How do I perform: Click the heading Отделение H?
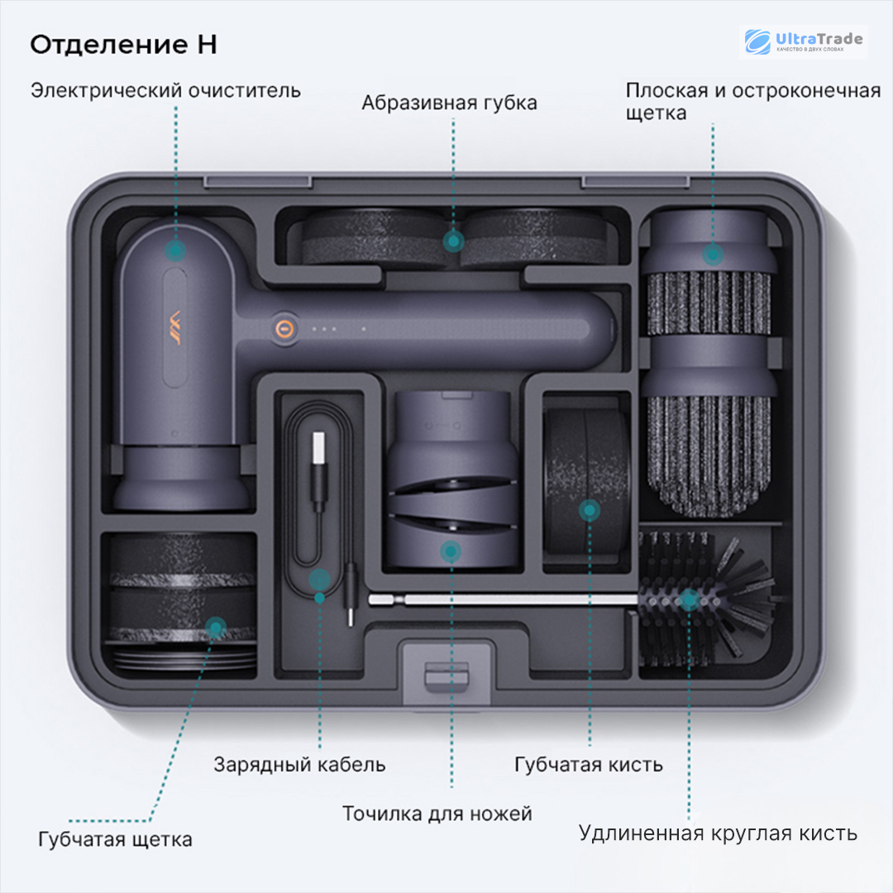123,44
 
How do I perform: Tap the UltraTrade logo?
803,41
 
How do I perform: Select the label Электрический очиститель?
165,89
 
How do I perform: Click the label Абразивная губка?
449,103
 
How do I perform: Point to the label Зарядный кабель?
299,763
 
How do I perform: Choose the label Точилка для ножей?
437,813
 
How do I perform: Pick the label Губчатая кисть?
588,763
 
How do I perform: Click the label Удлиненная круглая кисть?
718,832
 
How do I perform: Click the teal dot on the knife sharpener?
451,552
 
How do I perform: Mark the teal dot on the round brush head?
688,599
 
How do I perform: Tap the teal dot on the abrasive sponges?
452,241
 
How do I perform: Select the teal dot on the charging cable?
319,579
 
